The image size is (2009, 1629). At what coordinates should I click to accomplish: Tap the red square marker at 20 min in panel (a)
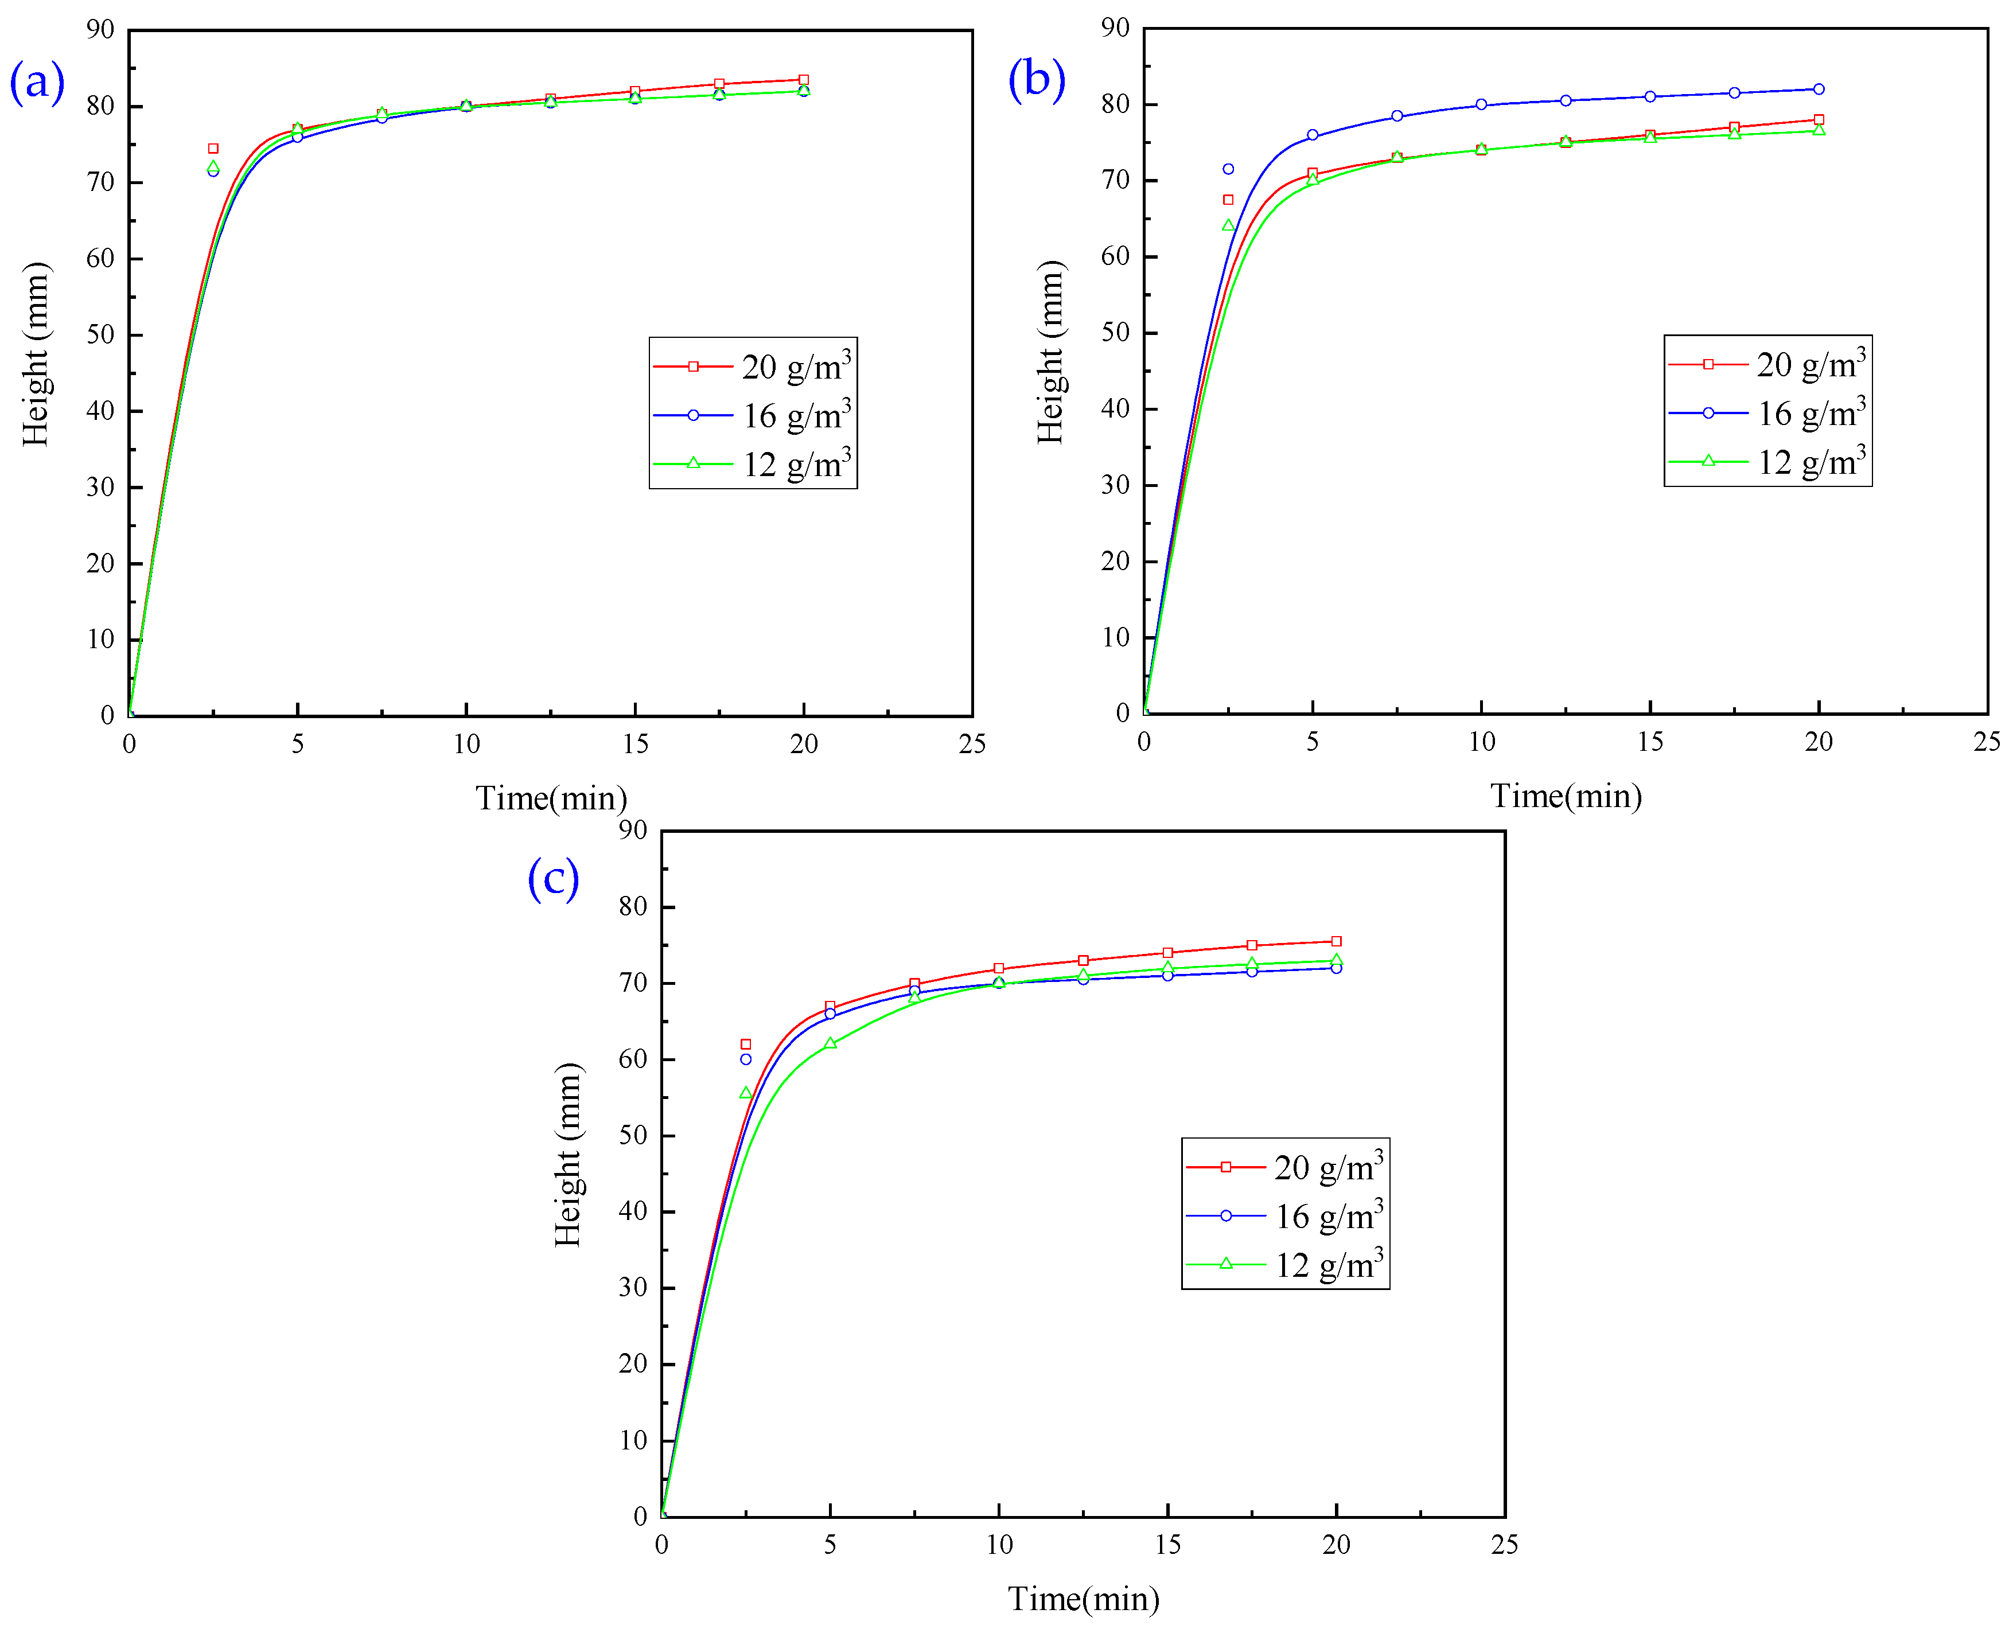point(803,80)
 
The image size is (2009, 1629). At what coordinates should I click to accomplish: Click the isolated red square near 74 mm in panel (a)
point(213,148)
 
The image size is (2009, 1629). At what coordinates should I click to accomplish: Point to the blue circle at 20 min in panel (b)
point(1819,89)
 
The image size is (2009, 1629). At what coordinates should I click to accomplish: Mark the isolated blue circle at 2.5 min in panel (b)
point(1228,169)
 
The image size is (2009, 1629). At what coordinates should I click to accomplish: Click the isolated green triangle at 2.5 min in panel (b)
point(1228,225)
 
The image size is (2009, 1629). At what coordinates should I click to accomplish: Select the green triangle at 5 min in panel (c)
point(830,1043)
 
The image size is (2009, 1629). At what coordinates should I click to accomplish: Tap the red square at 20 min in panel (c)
point(1336,941)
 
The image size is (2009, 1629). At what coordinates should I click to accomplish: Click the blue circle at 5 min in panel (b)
point(1313,135)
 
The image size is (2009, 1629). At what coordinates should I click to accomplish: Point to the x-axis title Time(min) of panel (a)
point(551,798)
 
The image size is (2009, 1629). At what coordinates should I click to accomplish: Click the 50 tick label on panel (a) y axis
point(99,335)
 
